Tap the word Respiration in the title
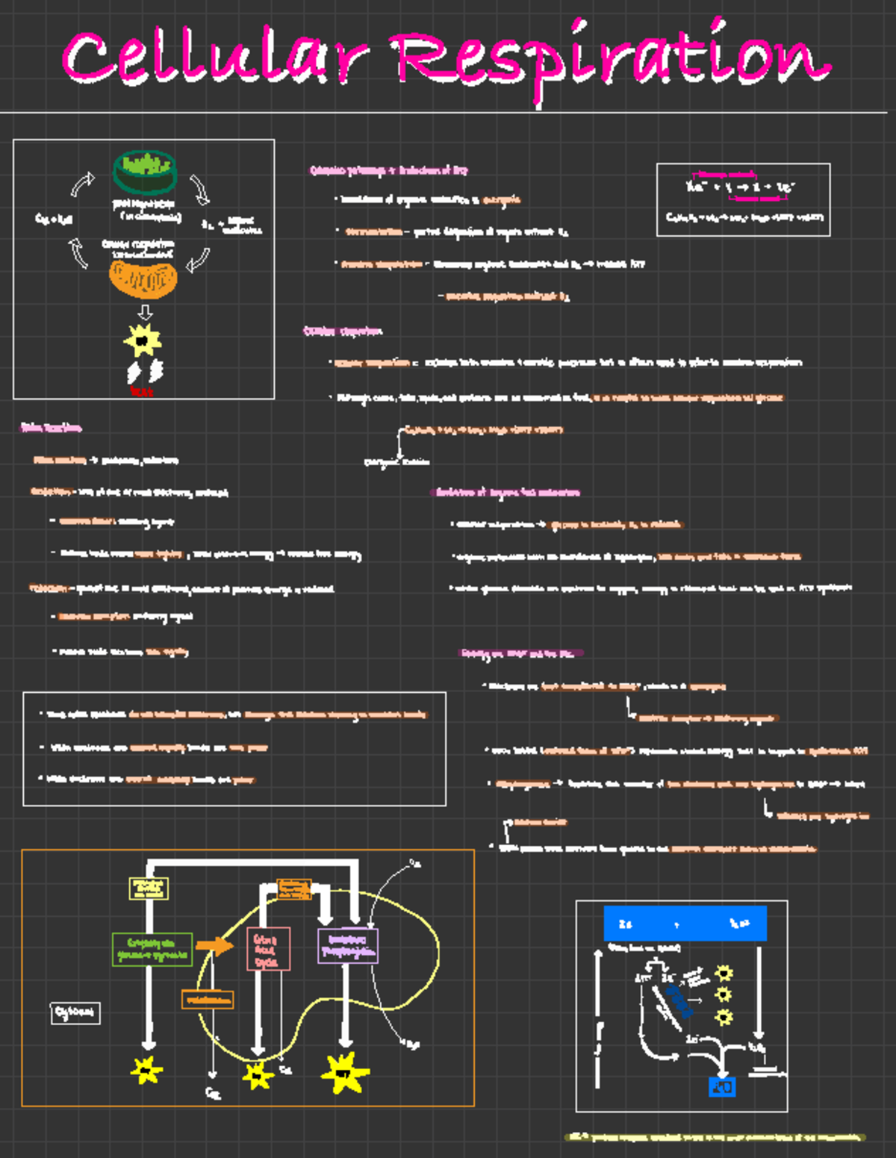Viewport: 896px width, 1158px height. [x=612, y=60]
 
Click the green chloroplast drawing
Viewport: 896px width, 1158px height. [x=145, y=170]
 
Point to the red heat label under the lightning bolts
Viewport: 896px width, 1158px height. [x=141, y=391]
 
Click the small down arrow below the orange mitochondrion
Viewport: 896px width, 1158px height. [x=145, y=311]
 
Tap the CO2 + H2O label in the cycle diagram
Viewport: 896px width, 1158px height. [x=54, y=219]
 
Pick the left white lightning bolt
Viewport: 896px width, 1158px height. [x=134, y=372]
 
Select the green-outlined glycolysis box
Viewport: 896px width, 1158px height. [x=152, y=949]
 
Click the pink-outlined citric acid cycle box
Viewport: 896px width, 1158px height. [x=267, y=950]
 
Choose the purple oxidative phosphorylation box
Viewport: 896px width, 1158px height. [x=348, y=946]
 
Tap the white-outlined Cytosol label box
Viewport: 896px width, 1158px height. [x=75, y=1012]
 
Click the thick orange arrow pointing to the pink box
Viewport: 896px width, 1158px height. [x=215, y=945]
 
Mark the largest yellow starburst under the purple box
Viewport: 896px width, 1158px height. [x=344, y=1073]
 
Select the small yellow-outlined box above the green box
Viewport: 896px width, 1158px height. [x=149, y=888]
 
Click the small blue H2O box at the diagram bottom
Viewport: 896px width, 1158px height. [x=721, y=1087]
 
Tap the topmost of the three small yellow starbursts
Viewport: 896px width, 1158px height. [x=724, y=973]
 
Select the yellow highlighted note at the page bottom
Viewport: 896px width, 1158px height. [x=715, y=1137]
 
